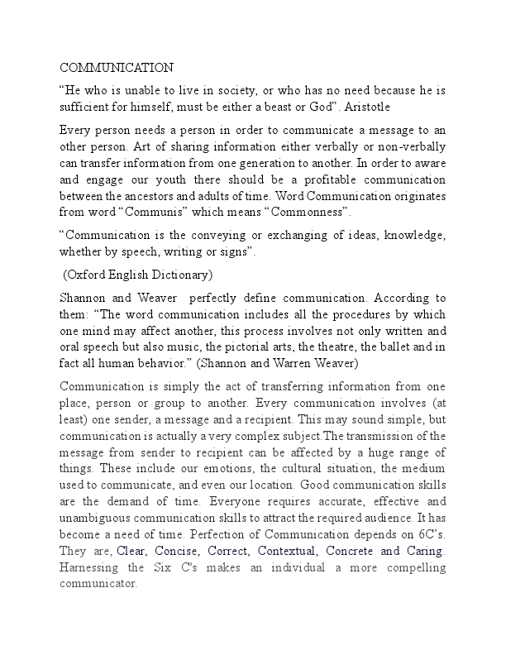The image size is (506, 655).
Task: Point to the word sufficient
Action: coord(84,108)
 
